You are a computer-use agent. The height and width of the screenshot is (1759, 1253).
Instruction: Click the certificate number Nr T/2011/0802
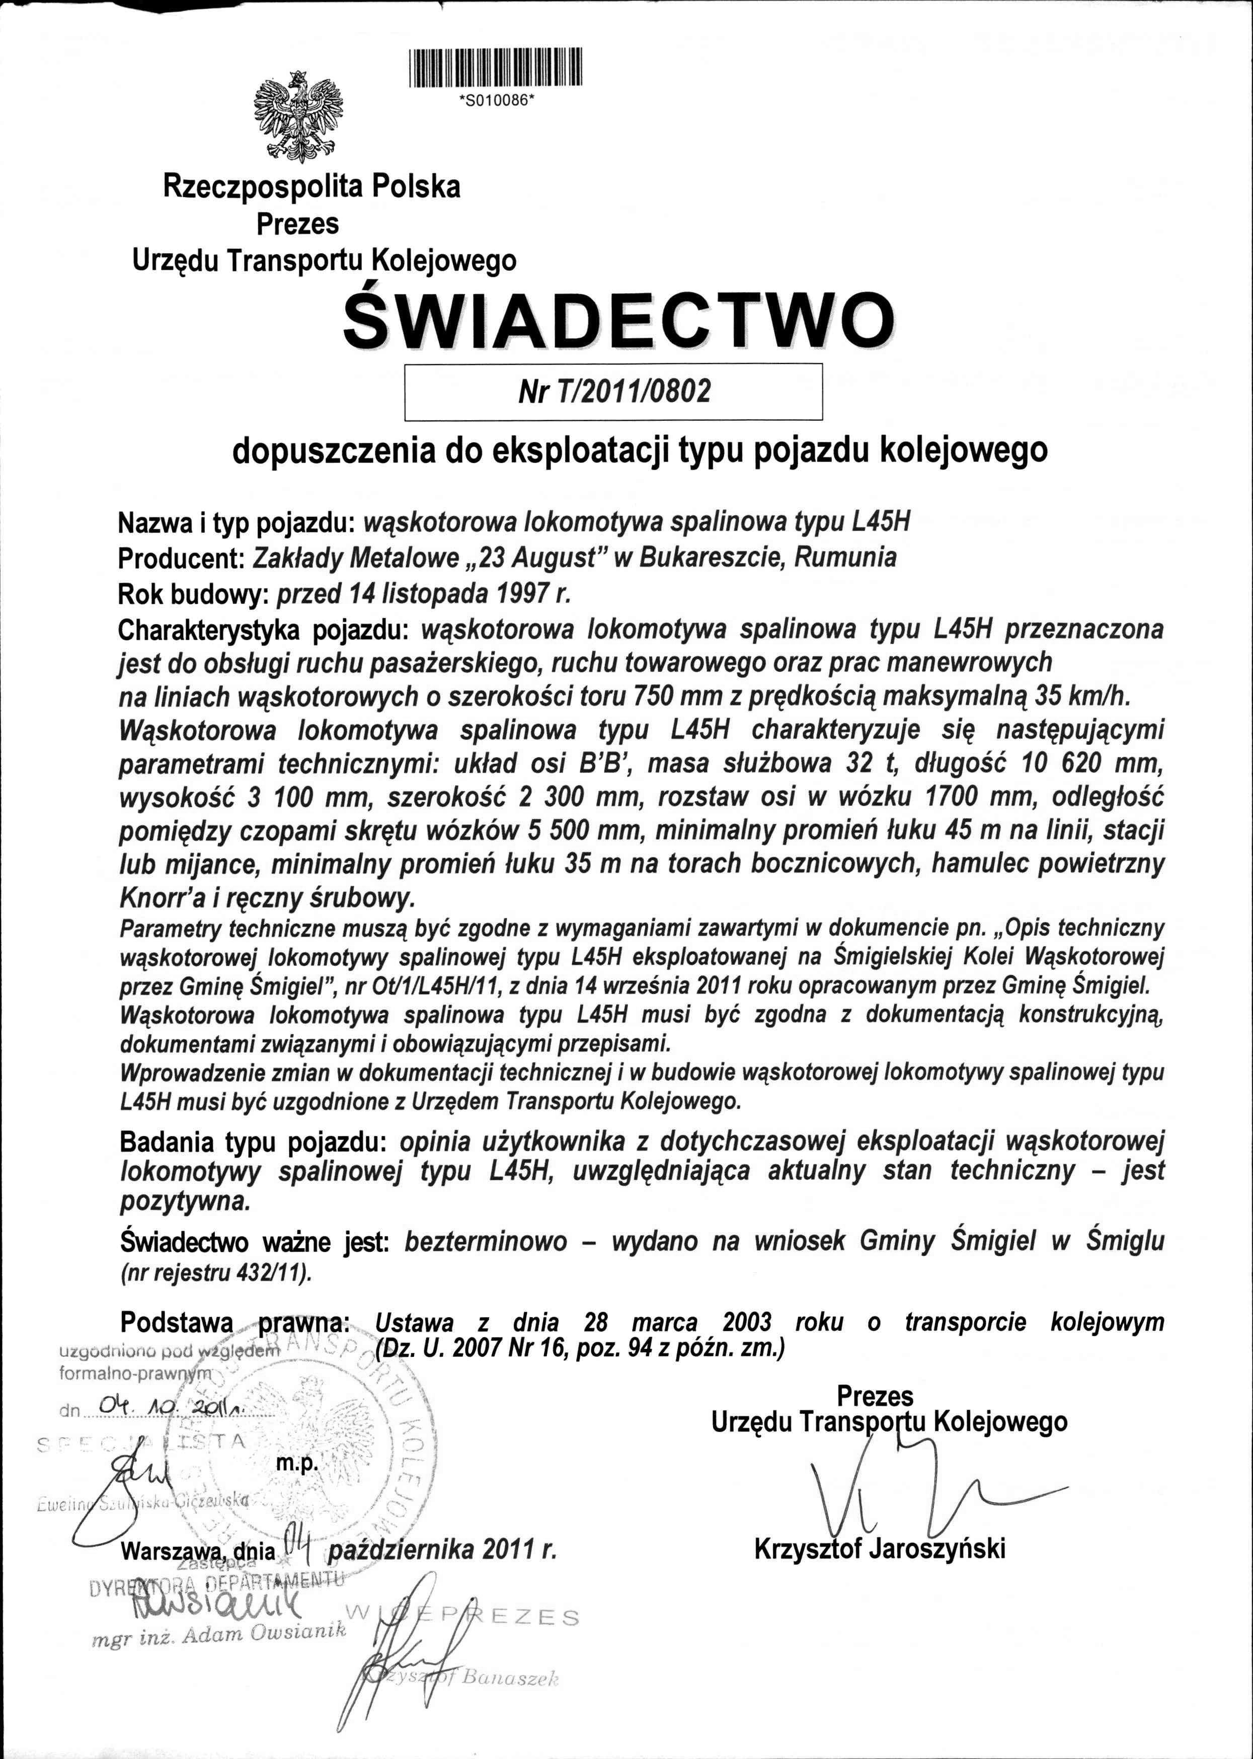point(614,392)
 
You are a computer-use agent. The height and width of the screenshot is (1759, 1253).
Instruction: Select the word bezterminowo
point(486,1241)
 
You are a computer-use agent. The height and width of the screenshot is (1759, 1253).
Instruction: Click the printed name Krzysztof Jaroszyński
point(880,1549)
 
